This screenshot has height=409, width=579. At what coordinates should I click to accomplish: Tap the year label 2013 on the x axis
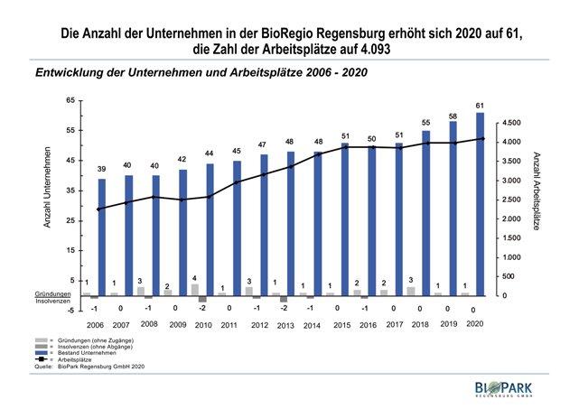(285, 323)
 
